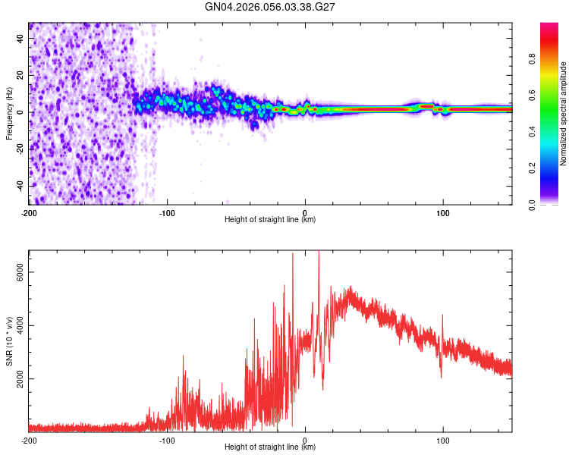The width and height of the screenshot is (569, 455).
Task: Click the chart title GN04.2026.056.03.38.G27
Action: [x=270, y=7]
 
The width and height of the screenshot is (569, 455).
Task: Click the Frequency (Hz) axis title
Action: [x=9, y=114]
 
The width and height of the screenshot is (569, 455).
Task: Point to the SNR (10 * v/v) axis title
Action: [x=9, y=341]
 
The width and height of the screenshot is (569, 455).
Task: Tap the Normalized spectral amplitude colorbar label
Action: [x=564, y=114]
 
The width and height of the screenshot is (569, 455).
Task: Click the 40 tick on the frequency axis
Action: [x=20, y=38]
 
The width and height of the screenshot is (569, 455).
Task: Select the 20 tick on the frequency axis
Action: [x=20, y=75]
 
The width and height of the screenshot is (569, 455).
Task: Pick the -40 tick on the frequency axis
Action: [x=20, y=186]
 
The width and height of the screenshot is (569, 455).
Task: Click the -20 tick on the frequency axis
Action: [x=20, y=149]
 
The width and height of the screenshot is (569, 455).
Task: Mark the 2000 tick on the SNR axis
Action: [x=20, y=378]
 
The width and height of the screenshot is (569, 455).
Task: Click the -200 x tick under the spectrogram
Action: [x=29, y=212]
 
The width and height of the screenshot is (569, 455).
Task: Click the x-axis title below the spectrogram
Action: [x=270, y=220]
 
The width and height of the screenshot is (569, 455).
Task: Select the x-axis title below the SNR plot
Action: [x=270, y=447]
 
